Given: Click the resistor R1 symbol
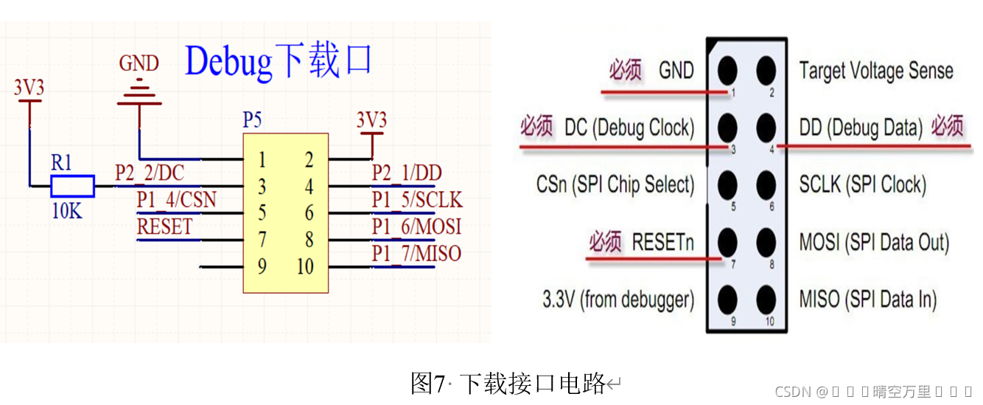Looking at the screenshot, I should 72,186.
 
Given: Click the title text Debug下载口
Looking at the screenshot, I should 279,60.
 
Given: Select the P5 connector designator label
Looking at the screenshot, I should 252,120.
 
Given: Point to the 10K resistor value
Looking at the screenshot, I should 67,211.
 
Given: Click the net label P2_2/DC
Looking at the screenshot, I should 150,173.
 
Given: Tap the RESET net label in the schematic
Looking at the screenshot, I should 164,227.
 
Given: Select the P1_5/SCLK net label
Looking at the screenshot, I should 416,200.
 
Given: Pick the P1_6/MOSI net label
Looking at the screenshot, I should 416,227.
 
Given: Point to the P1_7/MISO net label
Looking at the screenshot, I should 416,254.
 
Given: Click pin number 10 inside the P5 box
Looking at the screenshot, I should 305,266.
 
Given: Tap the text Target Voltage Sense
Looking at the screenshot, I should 876,71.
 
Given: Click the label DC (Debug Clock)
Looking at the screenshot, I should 629,128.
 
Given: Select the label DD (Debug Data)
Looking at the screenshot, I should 861,128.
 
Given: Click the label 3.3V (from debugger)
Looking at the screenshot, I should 618,300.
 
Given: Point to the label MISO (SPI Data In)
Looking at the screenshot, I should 868,300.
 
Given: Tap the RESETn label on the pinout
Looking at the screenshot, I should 662,242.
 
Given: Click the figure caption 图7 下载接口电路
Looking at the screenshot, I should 508,384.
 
